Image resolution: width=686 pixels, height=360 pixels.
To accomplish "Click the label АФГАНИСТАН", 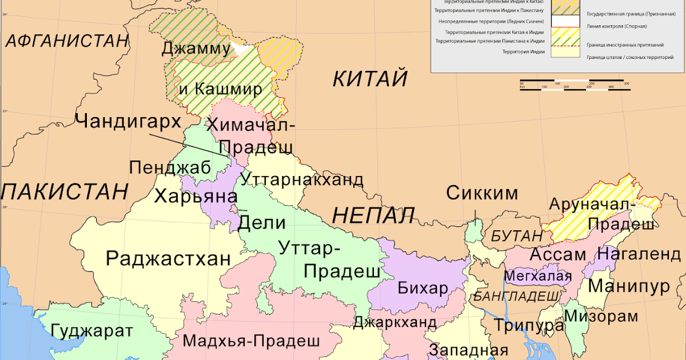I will click(x=66, y=41).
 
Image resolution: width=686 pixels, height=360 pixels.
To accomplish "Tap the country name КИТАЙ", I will click(x=370, y=78).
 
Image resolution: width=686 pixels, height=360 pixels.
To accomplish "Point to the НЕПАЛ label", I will click(x=373, y=215).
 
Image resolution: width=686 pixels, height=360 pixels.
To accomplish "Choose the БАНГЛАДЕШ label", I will click(x=516, y=295).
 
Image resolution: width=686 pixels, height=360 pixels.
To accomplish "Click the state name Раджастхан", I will click(x=169, y=258).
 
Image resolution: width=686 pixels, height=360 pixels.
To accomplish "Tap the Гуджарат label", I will click(x=91, y=331).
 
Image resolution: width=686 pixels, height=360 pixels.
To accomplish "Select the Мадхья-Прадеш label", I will click(x=251, y=341).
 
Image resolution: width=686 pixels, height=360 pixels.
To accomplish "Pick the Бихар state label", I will click(x=422, y=288).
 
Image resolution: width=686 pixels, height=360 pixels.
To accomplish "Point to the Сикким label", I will click(x=482, y=193).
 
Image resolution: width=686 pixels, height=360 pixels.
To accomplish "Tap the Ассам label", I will click(x=558, y=254).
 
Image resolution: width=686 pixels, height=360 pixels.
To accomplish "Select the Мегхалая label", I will click(x=538, y=276).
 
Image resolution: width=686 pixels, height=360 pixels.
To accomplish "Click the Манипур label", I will click(x=629, y=285).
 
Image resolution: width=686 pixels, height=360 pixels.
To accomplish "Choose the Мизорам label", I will click(x=608, y=316).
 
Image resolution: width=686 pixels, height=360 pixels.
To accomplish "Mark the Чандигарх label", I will click(x=128, y=121).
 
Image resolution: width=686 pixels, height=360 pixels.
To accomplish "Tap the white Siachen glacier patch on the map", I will click(x=241, y=49).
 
